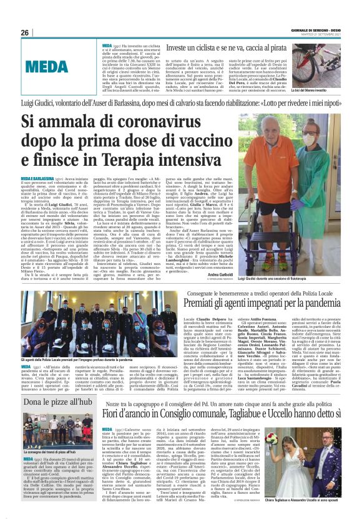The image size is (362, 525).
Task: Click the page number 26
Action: [x=24, y=32]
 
